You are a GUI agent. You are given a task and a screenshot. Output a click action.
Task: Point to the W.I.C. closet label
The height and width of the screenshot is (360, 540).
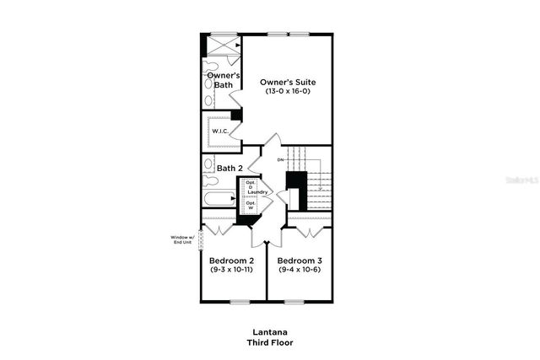[219, 131]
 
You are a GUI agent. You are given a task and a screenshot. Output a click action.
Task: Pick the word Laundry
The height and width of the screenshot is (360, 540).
[258, 193]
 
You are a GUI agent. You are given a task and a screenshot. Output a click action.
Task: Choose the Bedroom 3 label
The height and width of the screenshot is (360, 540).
[300, 261]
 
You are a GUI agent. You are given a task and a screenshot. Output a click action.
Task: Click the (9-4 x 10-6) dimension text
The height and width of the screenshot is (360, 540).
[300, 270]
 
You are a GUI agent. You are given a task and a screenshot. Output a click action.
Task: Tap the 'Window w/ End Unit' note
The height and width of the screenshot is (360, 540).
[182, 240]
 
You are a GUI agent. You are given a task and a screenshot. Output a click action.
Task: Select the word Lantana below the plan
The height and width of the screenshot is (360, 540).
[270, 332]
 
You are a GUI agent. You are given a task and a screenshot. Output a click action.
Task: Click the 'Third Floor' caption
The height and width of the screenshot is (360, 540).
[270, 343]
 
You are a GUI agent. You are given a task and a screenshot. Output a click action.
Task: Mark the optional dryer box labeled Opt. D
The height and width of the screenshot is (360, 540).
[251, 185]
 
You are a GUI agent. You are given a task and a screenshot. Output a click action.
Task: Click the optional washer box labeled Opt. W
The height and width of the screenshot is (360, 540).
[251, 205]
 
